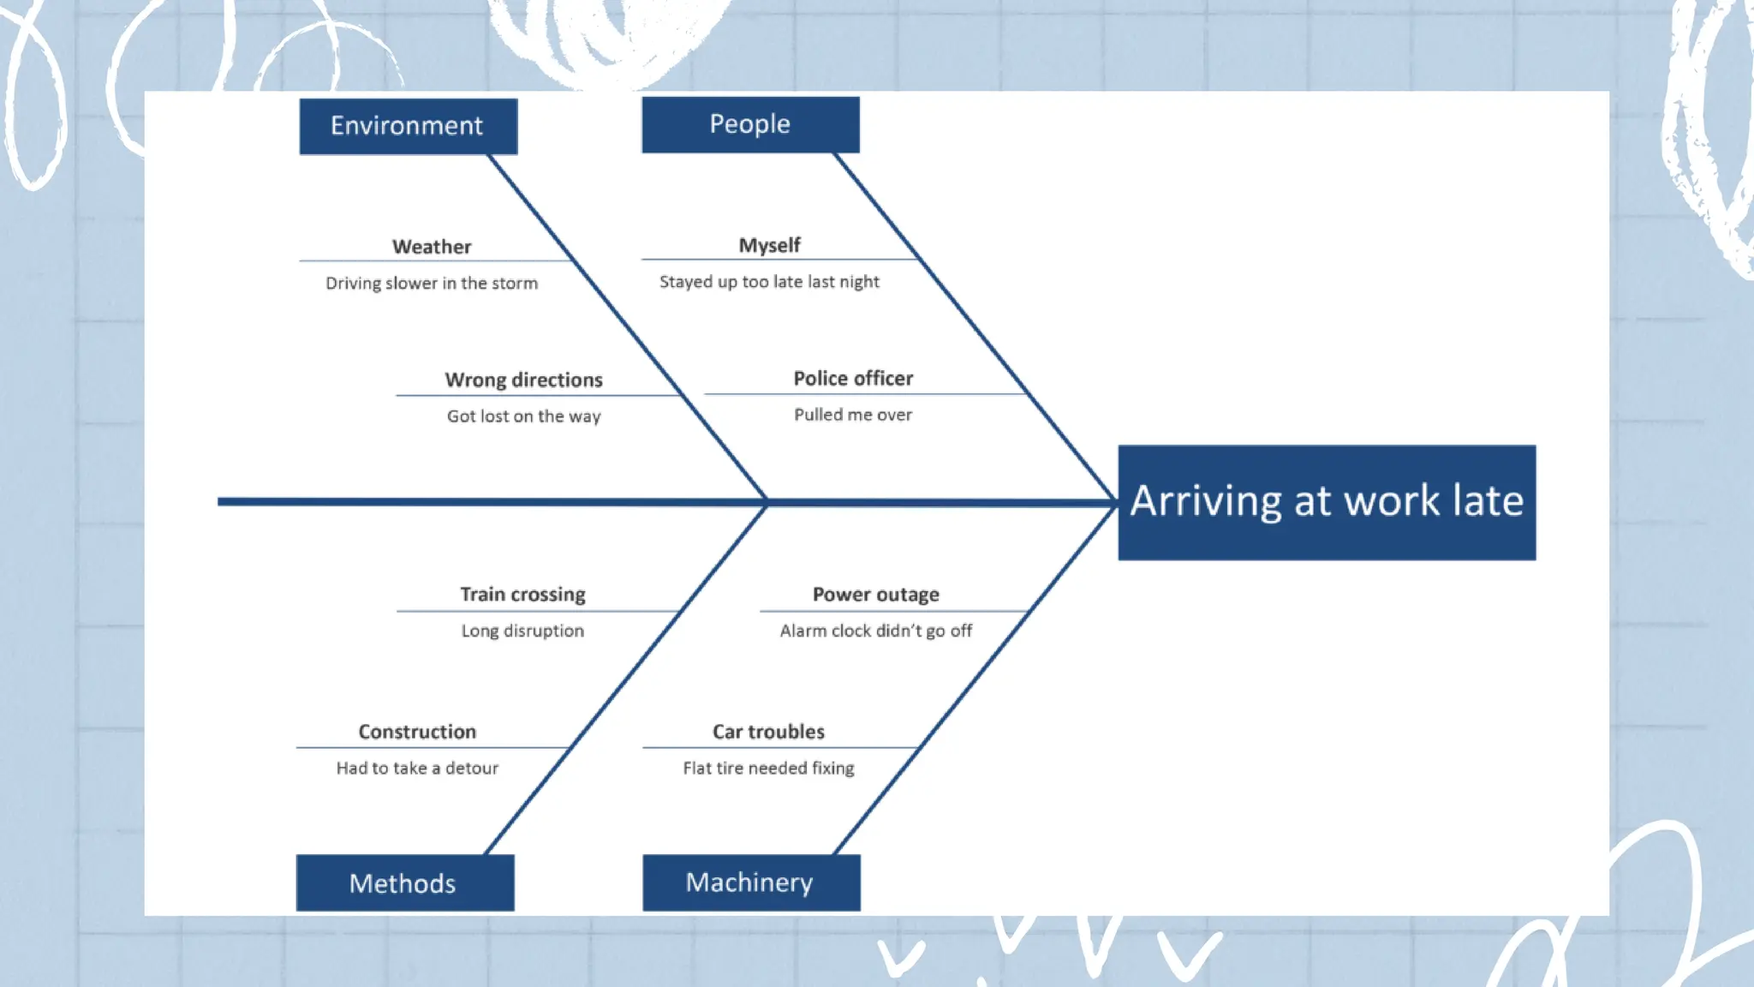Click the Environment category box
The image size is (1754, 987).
click(408, 126)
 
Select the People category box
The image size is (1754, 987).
click(750, 124)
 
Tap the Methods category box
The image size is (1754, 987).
click(404, 882)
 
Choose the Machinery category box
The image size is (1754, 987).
click(750, 882)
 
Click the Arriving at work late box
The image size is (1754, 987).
click(1326, 502)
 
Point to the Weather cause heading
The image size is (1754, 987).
click(432, 247)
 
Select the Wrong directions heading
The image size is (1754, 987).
click(523, 380)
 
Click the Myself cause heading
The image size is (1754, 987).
click(769, 245)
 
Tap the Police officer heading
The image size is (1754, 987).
click(853, 378)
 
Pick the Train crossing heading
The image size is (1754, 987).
click(522, 594)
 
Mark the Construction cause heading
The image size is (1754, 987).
click(417, 732)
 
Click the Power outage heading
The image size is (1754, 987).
click(875, 594)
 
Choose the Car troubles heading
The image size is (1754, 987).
click(768, 732)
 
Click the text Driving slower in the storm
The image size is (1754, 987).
click(432, 283)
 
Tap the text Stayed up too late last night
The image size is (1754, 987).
click(769, 281)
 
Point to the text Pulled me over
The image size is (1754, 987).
click(853, 415)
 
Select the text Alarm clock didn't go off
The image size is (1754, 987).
click(875, 631)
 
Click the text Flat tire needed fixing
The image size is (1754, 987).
click(768, 768)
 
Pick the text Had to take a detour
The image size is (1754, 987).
click(417, 768)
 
